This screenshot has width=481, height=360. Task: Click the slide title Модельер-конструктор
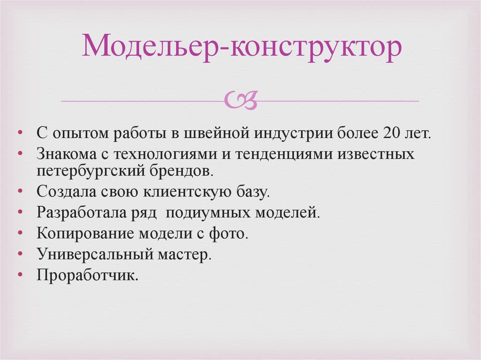(242, 47)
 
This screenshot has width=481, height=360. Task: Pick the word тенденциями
(296, 154)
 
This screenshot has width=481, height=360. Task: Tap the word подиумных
(207, 213)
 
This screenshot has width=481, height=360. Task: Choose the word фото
(230, 233)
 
